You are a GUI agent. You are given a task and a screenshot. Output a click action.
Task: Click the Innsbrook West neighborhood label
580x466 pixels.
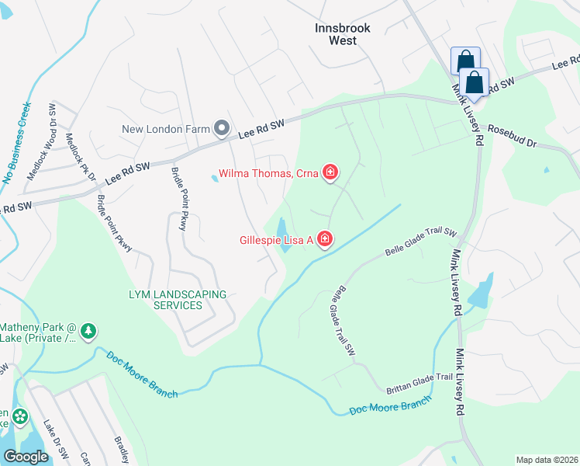343,33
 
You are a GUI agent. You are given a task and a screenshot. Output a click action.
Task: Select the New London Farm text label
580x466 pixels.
166,129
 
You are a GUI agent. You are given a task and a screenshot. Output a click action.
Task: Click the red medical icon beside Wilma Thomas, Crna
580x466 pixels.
330,172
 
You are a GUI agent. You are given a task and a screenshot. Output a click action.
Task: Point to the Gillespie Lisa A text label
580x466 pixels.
275,240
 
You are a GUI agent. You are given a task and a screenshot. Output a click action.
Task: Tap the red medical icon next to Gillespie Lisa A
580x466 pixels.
325,239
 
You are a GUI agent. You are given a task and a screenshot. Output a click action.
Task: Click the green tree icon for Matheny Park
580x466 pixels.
89,332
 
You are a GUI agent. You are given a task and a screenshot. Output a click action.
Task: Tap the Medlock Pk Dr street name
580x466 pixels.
81,156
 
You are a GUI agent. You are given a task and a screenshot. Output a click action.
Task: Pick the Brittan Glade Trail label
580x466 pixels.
420,377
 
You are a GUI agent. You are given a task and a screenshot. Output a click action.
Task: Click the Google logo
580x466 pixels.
26,457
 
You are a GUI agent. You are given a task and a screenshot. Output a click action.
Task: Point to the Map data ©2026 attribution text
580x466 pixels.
546,460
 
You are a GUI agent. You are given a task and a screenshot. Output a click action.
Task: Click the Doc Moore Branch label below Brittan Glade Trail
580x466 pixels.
389,406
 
